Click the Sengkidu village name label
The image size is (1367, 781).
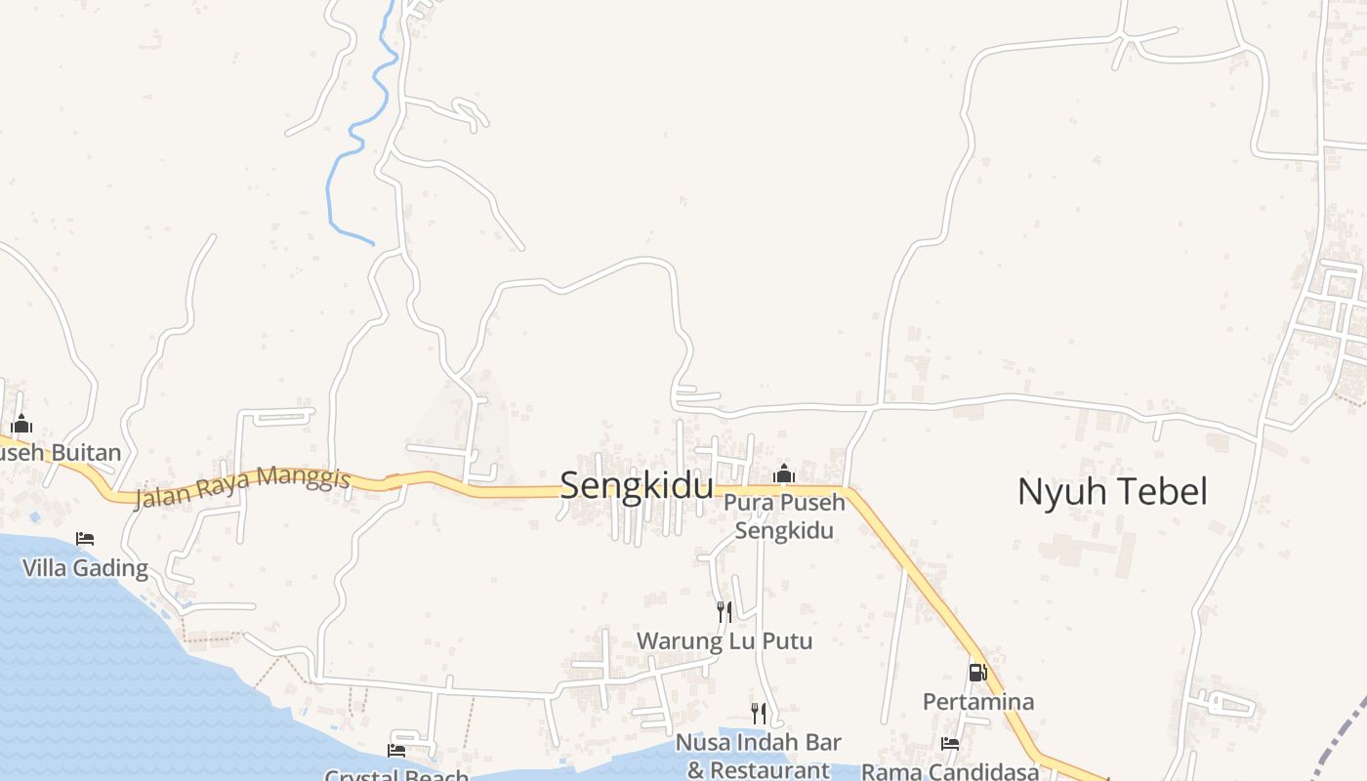[636, 485]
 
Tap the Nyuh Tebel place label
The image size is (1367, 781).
[1112, 491]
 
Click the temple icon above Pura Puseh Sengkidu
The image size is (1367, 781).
[783, 474]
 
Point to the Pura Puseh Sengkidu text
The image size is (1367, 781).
[784, 517]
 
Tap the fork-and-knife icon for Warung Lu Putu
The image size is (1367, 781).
[725, 612]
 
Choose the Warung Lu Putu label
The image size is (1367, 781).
[725, 641]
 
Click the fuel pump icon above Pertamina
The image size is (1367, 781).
[977, 672]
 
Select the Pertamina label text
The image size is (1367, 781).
[978, 702]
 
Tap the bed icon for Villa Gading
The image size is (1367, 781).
[85, 539]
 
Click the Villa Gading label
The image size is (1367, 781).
[85, 568]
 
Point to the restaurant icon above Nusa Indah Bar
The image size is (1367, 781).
[758, 713]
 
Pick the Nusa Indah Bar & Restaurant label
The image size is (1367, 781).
[758, 756]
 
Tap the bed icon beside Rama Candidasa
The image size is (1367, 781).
[949, 744]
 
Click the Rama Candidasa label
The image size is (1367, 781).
[950, 771]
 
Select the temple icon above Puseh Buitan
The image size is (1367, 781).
[21, 424]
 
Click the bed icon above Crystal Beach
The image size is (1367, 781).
[396, 750]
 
